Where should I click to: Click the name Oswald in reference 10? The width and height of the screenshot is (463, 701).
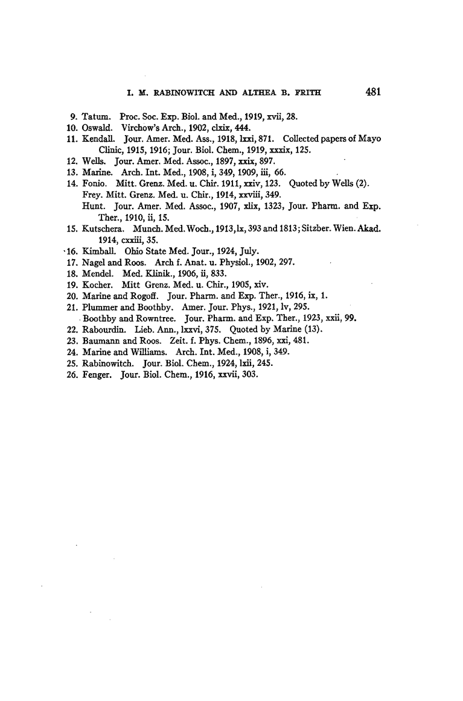98,127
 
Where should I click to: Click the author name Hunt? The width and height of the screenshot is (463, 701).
92,206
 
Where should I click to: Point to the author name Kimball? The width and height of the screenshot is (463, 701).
99,251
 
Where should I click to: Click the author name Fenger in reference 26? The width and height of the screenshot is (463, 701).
97,375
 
